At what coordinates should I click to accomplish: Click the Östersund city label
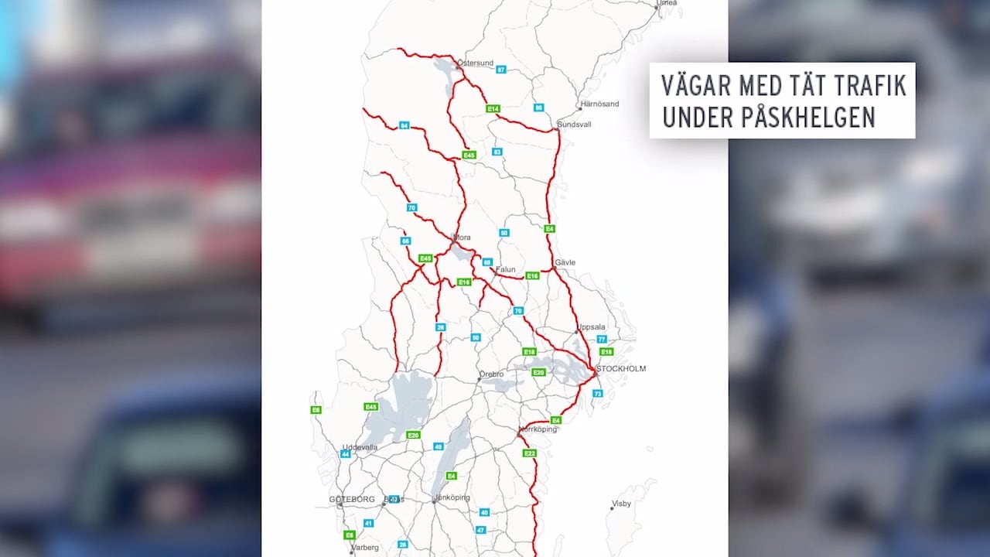(475, 63)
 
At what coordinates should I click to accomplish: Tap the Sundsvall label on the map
(574, 124)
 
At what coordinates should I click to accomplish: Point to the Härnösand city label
(600, 104)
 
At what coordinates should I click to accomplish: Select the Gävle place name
(565, 263)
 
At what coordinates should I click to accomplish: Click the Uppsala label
(591, 327)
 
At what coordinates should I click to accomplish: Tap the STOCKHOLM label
(621, 369)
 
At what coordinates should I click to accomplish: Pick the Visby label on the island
(621, 504)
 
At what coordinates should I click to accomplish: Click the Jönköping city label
(452, 497)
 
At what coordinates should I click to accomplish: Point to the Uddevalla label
(360, 447)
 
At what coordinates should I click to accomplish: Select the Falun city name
(505, 270)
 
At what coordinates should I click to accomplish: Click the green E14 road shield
(493, 108)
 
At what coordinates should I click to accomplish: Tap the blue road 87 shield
(500, 70)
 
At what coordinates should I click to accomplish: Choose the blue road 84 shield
(404, 125)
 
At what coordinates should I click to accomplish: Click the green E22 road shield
(529, 453)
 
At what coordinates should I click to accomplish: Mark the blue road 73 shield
(597, 394)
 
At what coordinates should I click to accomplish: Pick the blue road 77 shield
(602, 340)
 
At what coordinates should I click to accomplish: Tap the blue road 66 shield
(405, 241)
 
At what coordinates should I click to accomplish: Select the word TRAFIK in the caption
(869, 85)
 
